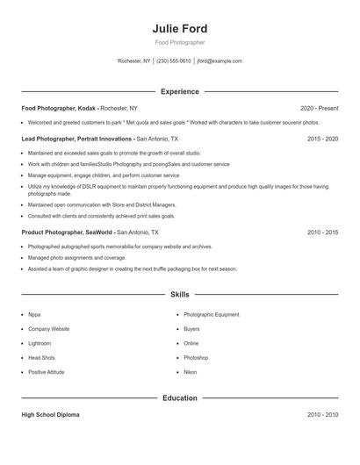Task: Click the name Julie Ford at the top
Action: (x=179, y=29)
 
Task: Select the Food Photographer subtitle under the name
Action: (x=179, y=42)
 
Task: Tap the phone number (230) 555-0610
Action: (x=174, y=61)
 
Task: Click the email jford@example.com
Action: (x=220, y=61)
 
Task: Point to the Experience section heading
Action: (x=179, y=91)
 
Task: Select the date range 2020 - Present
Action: (x=319, y=108)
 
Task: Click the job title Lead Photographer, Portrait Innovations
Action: (x=77, y=139)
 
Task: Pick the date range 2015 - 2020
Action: (x=323, y=139)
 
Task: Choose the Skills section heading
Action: (x=179, y=295)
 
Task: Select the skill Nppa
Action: (x=34, y=314)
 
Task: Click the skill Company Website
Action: (x=48, y=329)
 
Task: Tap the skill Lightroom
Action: (x=40, y=343)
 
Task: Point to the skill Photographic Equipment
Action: (x=211, y=314)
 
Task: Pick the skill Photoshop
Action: (x=196, y=358)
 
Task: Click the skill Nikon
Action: (x=191, y=372)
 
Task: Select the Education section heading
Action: (x=179, y=398)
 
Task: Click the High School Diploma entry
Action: (x=50, y=415)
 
